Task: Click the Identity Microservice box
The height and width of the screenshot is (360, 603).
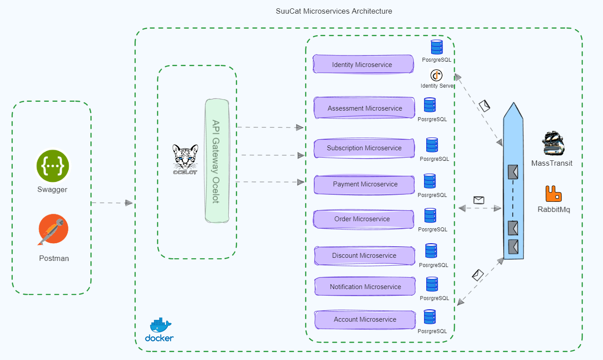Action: tap(363, 64)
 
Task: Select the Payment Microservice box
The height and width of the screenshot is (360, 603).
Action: tap(364, 184)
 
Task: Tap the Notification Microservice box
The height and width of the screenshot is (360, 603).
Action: tap(365, 286)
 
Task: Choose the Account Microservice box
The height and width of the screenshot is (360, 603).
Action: tap(365, 319)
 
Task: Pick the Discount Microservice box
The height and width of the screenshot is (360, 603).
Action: tap(364, 256)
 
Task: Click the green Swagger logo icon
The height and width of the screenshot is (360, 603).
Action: tap(53, 167)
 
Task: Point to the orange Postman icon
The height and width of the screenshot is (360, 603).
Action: tap(53, 230)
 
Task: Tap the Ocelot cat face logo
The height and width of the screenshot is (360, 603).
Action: tap(185, 157)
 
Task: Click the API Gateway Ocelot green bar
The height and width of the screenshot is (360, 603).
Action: tap(217, 161)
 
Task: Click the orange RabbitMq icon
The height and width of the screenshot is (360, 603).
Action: tap(554, 194)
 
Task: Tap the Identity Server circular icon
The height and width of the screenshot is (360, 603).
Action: tap(436, 75)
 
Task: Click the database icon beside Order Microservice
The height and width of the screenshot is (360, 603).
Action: tap(430, 215)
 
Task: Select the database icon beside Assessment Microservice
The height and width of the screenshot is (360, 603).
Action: tap(430, 105)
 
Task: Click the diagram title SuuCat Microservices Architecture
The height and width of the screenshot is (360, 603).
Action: tap(334, 11)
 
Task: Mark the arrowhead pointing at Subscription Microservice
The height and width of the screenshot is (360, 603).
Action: tap(301, 155)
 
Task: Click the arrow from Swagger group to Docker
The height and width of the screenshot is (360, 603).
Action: tap(112, 203)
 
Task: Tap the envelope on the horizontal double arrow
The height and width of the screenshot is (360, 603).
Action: tap(479, 200)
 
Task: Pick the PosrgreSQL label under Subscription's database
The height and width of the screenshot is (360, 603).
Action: tap(434, 159)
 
